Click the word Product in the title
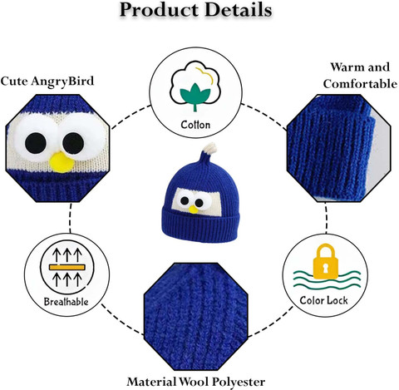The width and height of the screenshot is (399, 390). pos(160,11)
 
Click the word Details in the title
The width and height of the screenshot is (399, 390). pos(239,10)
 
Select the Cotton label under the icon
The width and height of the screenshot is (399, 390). pos(195,125)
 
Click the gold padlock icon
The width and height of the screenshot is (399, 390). pos(326,261)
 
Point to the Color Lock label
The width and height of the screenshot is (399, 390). pos(323,300)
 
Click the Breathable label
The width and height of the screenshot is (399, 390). pos(66,302)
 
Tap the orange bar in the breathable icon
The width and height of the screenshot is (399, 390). pos(66,267)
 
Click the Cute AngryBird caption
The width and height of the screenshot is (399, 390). pos(47,81)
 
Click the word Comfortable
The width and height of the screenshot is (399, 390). pos(360,84)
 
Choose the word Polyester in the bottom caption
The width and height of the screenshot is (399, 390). pos(239,382)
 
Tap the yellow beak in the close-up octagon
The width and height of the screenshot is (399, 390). pos(62,162)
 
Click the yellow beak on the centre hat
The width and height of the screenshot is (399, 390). pos(194,210)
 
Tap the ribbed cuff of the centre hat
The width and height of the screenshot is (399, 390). pos(200,225)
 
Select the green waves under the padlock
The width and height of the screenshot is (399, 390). pos(327,279)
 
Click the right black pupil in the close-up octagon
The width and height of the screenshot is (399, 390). pos(73,143)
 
